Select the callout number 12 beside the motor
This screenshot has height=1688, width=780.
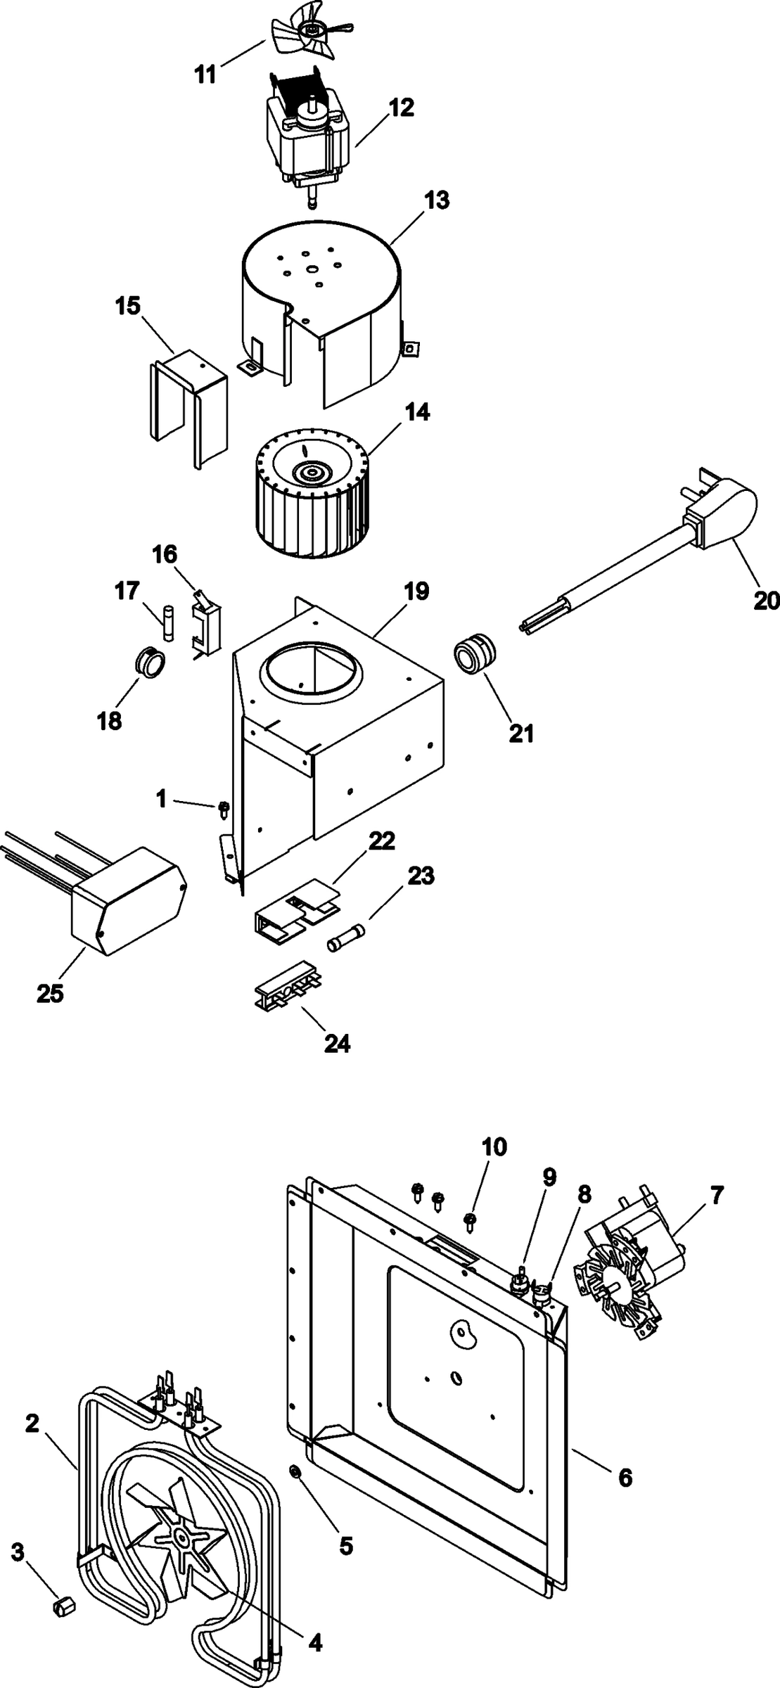pyautogui.click(x=402, y=108)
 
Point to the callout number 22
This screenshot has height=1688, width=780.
pyautogui.click(x=382, y=841)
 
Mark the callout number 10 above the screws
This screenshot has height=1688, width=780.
pyautogui.click(x=494, y=1147)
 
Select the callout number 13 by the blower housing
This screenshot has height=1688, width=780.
pyautogui.click(x=437, y=200)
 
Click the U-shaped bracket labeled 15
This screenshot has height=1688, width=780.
pyautogui.click(x=188, y=408)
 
